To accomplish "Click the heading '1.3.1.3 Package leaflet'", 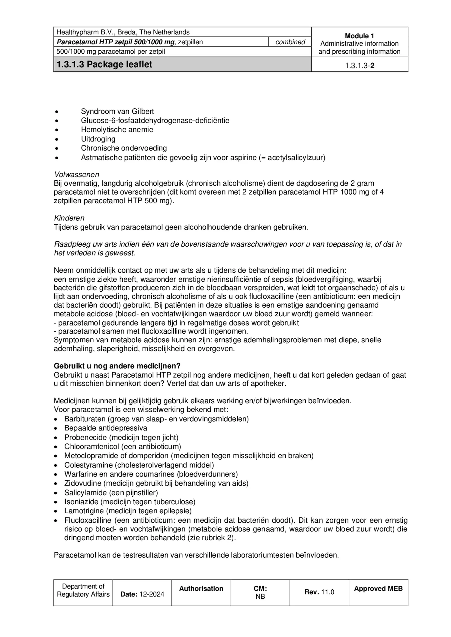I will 104,65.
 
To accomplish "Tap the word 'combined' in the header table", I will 290,42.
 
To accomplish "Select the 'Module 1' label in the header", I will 359,36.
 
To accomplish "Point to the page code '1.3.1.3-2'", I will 360,65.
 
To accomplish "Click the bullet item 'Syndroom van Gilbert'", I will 117,111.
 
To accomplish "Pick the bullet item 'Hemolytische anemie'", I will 117,130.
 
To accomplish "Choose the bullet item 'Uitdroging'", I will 98,139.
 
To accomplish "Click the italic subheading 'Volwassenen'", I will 77,174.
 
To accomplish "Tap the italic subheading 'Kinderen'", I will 69,218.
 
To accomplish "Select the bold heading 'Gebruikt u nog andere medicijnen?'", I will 117,366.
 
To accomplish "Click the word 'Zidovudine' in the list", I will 83,483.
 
